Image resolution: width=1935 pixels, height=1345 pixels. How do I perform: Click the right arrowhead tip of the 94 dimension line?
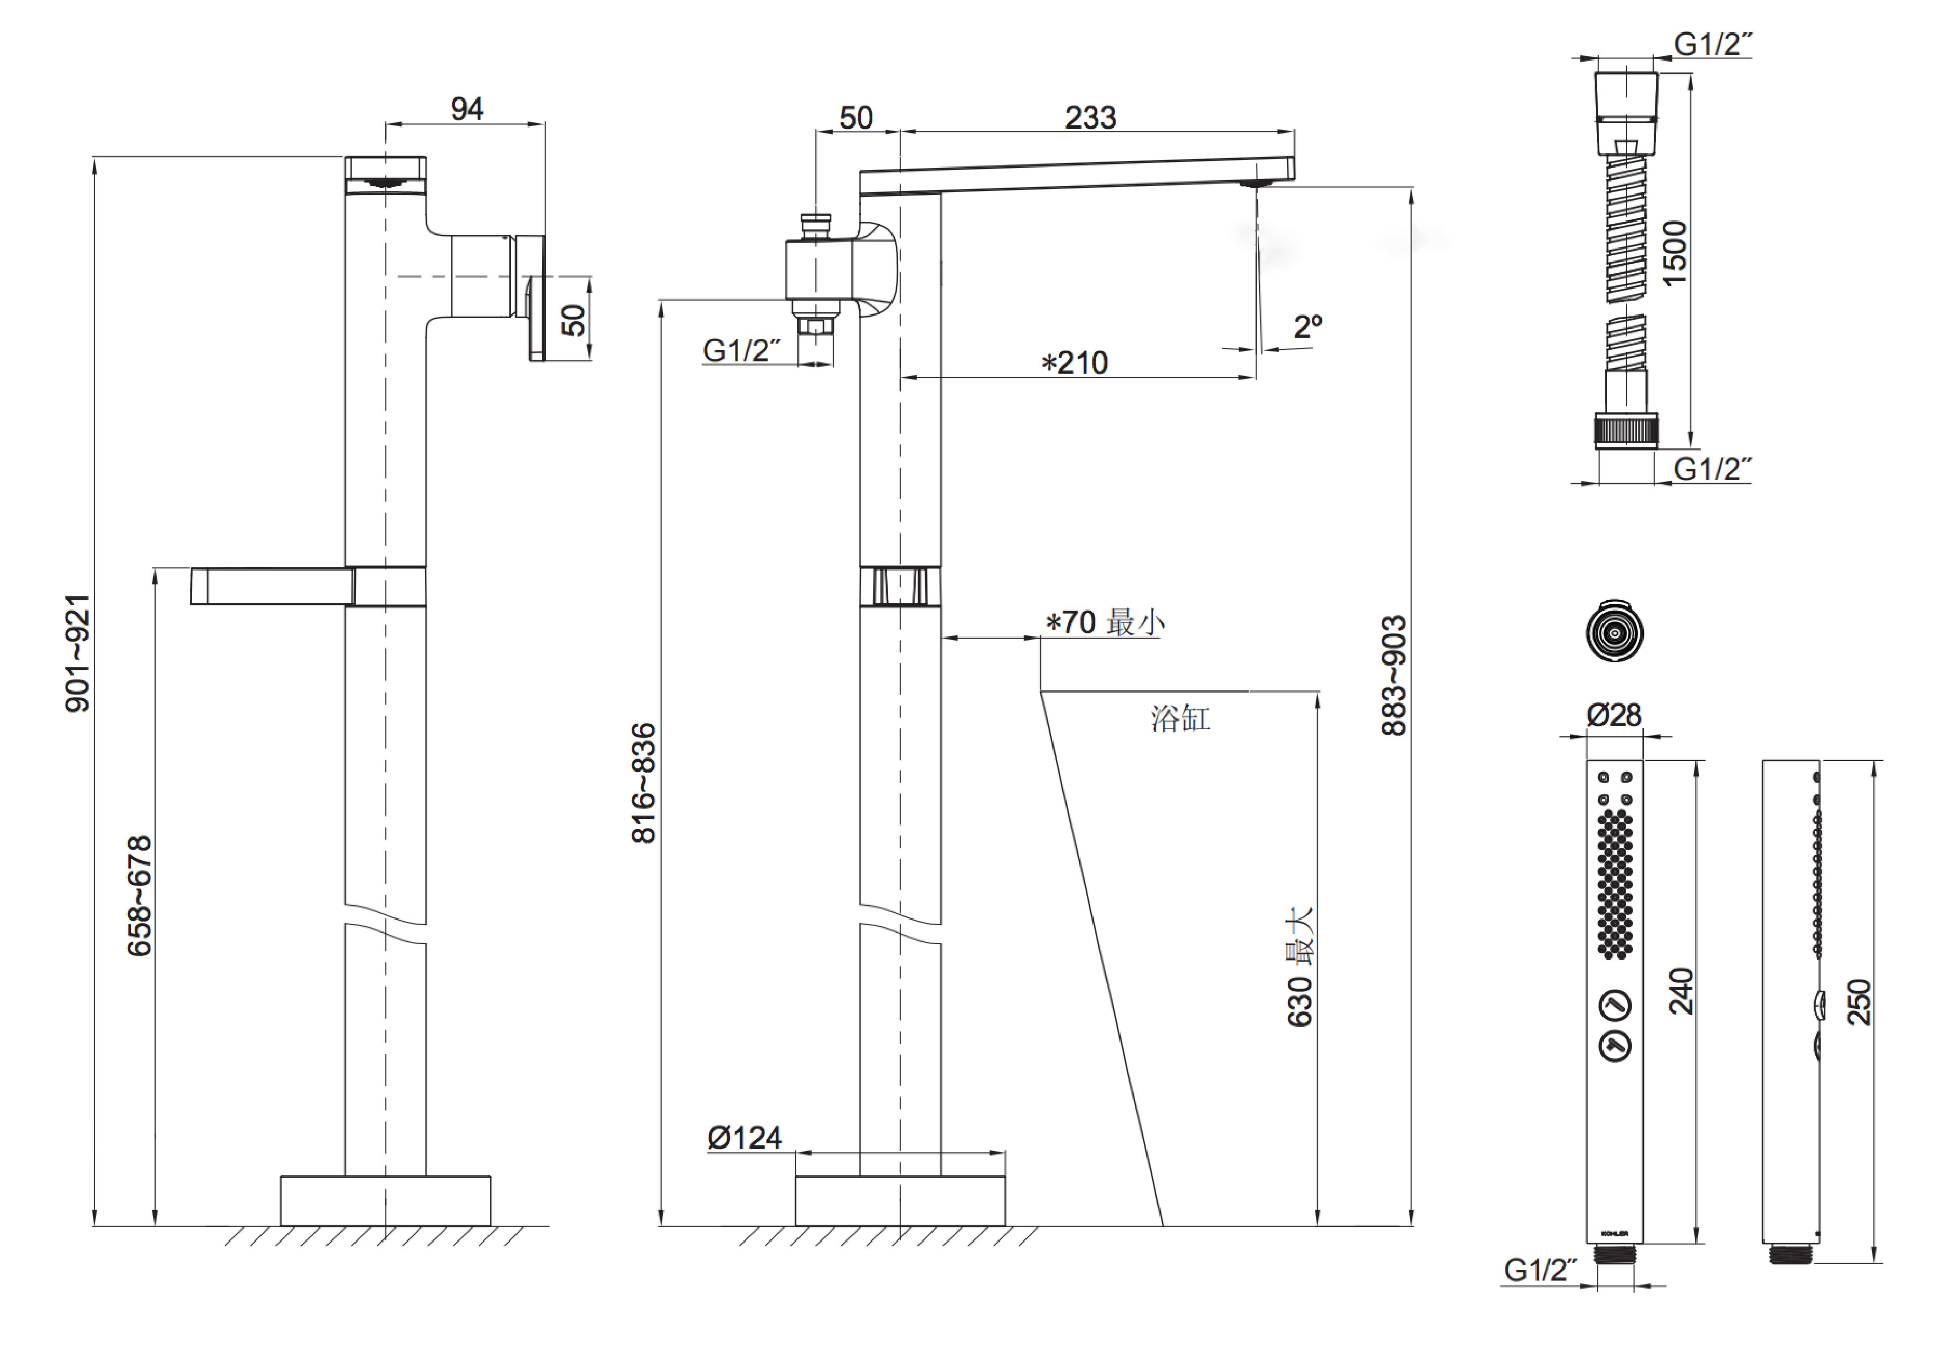[x=544, y=124]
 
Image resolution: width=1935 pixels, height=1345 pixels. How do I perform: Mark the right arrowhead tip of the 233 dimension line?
[x=1294, y=132]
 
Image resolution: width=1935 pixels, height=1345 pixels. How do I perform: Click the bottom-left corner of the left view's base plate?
[x=281, y=1225]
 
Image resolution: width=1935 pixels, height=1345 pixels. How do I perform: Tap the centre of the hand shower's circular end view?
[x=1614, y=631]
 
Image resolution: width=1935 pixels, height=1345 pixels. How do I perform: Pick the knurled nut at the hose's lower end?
[x=1626, y=430]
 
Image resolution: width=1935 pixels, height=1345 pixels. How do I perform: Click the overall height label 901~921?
[x=77, y=653]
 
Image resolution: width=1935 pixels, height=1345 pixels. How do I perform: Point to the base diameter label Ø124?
[x=744, y=1138]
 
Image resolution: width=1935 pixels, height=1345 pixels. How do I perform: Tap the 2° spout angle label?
[x=1308, y=326]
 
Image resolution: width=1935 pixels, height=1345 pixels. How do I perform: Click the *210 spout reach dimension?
[x=1075, y=362]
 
